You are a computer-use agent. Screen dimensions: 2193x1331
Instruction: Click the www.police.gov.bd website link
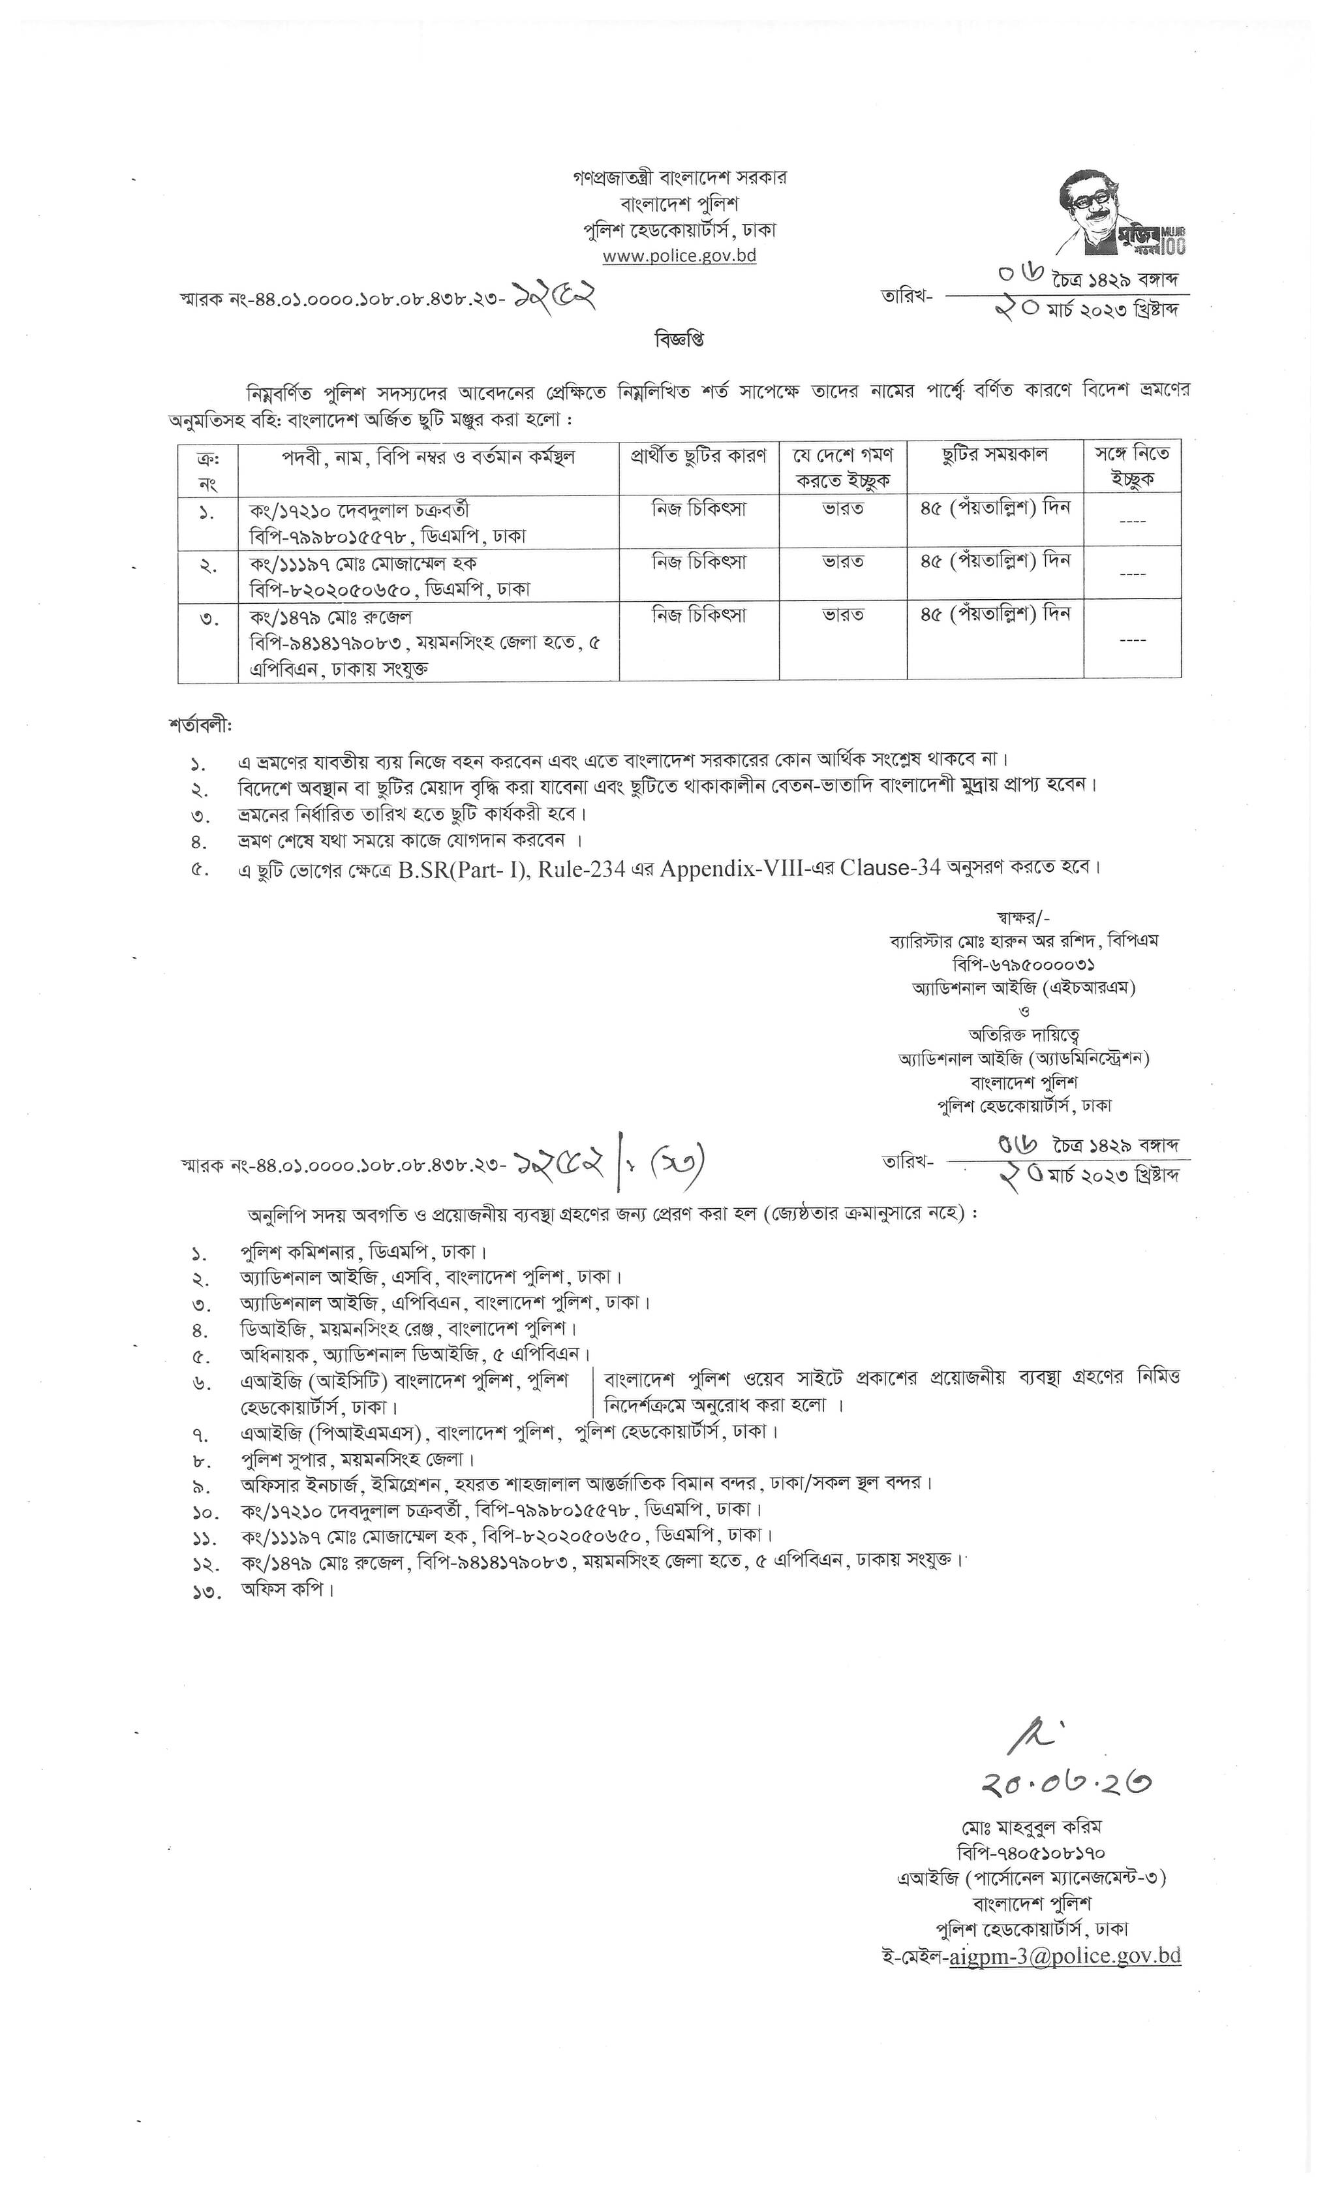pyautogui.click(x=680, y=255)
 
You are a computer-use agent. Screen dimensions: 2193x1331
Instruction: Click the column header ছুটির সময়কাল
pyautogui.click(x=995, y=455)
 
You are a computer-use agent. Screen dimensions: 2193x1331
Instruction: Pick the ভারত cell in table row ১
pyautogui.click(x=842, y=509)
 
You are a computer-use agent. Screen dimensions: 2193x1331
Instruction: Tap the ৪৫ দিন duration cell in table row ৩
pyautogui.click(x=995, y=614)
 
